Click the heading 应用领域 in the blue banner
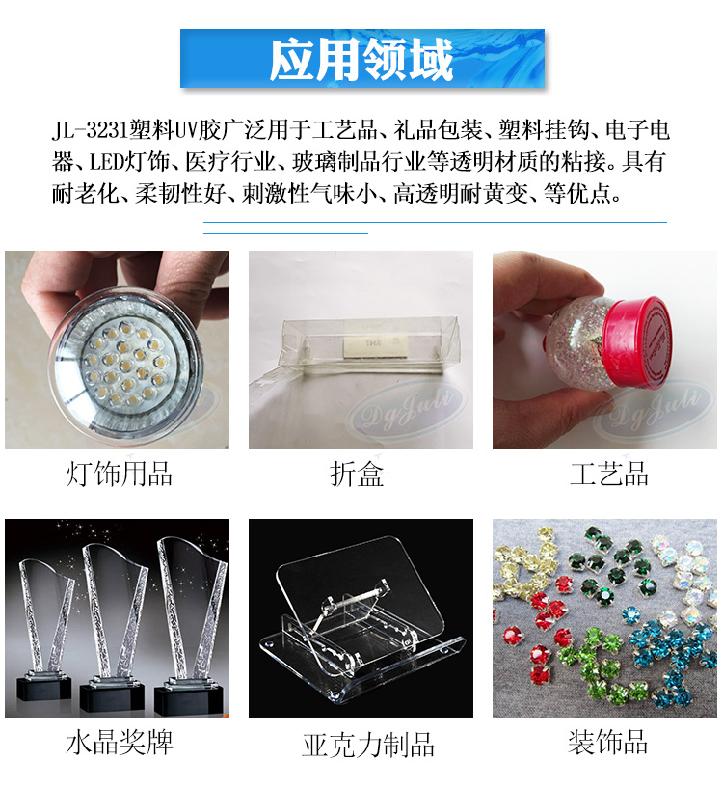[x=361, y=60]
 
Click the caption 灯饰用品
[x=119, y=475]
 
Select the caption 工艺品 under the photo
[x=608, y=475]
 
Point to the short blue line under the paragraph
[x=285, y=232]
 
